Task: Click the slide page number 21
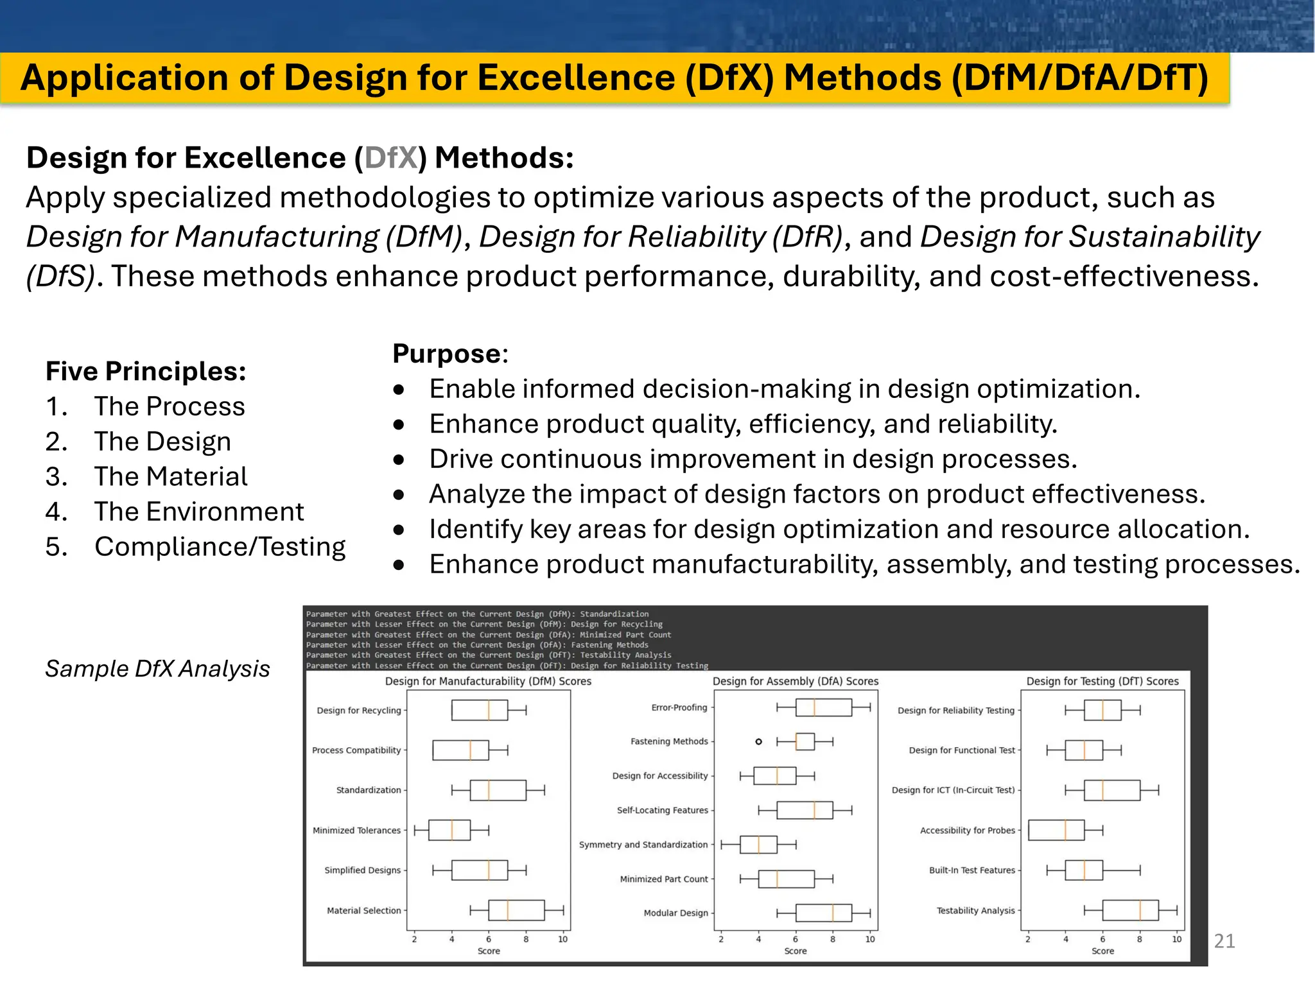coord(1224,941)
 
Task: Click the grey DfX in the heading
coord(391,158)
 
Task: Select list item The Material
coord(170,476)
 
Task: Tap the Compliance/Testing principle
coord(220,547)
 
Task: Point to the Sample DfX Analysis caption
coord(157,669)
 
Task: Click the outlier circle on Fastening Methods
coord(758,741)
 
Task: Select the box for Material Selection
coord(516,910)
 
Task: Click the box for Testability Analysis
coord(1130,910)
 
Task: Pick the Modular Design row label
coord(675,913)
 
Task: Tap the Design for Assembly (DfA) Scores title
coord(795,681)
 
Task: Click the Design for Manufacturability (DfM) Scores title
coord(488,681)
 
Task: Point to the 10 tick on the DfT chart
coord(1176,939)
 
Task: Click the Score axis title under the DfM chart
coord(489,951)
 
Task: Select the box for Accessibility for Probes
coord(1056,830)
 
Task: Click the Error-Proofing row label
coord(679,707)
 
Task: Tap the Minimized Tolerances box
coord(449,830)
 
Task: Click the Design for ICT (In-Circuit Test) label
coord(953,790)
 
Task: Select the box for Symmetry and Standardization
coord(758,845)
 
